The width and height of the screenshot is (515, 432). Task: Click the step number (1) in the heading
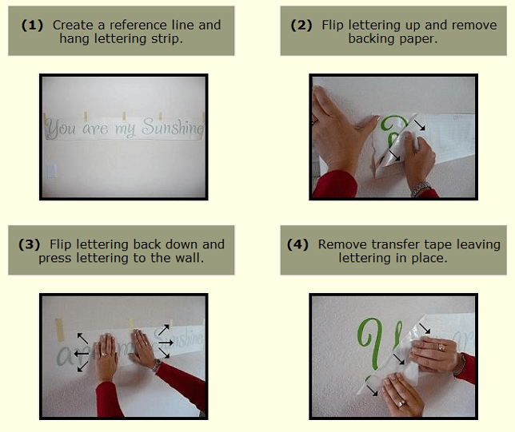click(32, 26)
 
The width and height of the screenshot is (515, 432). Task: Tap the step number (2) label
click(301, 26)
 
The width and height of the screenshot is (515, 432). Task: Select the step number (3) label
click(30, 244)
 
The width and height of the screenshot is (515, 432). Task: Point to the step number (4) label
click(297, 244)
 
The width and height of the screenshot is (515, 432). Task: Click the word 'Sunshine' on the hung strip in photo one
click(173, 127)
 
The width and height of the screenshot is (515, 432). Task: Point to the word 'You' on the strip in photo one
click(60, 128)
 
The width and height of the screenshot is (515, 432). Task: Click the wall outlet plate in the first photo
click(52, 171)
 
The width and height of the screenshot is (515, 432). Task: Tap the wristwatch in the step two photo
click(421, 188)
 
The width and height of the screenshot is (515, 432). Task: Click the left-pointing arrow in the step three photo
click(82, 354)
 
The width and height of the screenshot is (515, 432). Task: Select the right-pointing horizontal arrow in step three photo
click(166, 343)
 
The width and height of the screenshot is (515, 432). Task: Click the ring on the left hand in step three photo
click(104, 354)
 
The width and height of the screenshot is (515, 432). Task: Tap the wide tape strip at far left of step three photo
click(60, 329)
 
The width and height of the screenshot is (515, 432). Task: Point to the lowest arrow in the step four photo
click(372, 390)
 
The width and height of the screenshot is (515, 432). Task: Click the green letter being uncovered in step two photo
click(393, 129)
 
